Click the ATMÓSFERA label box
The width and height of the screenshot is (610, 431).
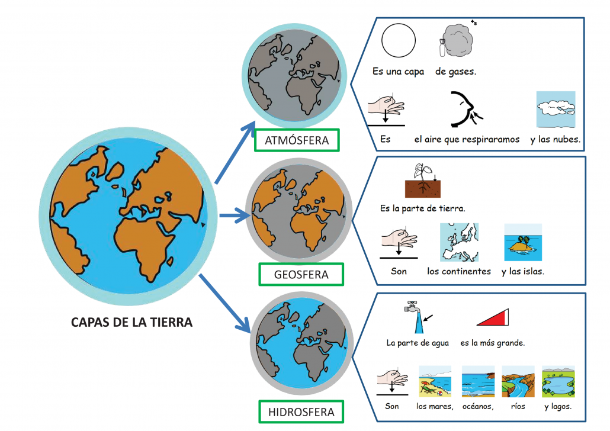tap(297, 140)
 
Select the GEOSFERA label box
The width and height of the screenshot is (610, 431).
tap(301, 274)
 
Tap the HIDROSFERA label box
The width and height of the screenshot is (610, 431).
tap(301, 411)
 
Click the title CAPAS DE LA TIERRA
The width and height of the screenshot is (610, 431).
tap(131, 322)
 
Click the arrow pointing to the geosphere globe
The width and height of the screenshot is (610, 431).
tap(235, 215)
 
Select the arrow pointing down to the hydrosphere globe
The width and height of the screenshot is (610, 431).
tap(225, 303)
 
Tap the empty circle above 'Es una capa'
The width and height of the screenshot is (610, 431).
tap(399, 40)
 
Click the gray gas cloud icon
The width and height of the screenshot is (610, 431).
tap(455, 40)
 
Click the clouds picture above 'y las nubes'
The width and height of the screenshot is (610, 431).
tap(556, 110)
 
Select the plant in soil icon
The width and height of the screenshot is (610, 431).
tap(423, 181)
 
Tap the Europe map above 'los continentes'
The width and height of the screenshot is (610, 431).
tap(459, 242)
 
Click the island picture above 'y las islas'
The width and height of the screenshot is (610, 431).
tap(523, 242)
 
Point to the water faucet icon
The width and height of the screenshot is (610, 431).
tap(416, 317)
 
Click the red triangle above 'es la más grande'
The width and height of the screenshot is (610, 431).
tap(493, 317)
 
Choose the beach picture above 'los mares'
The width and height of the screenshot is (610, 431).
tap(435, 381)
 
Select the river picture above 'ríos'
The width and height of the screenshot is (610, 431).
tap(518, 381)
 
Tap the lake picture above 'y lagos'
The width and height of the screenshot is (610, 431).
tap(558, 381)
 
